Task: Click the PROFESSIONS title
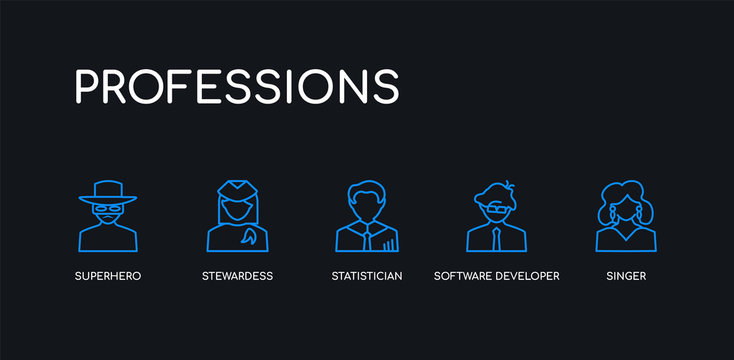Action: tap(237, 86)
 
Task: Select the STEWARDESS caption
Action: tap(237, 275)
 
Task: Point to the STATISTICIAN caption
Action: tap(367, 275)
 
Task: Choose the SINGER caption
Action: tap(626, 275)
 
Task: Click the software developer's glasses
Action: tap(496, 209)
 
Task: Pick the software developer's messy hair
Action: tap(496, 193)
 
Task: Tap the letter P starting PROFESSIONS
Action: tap(89, 87)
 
